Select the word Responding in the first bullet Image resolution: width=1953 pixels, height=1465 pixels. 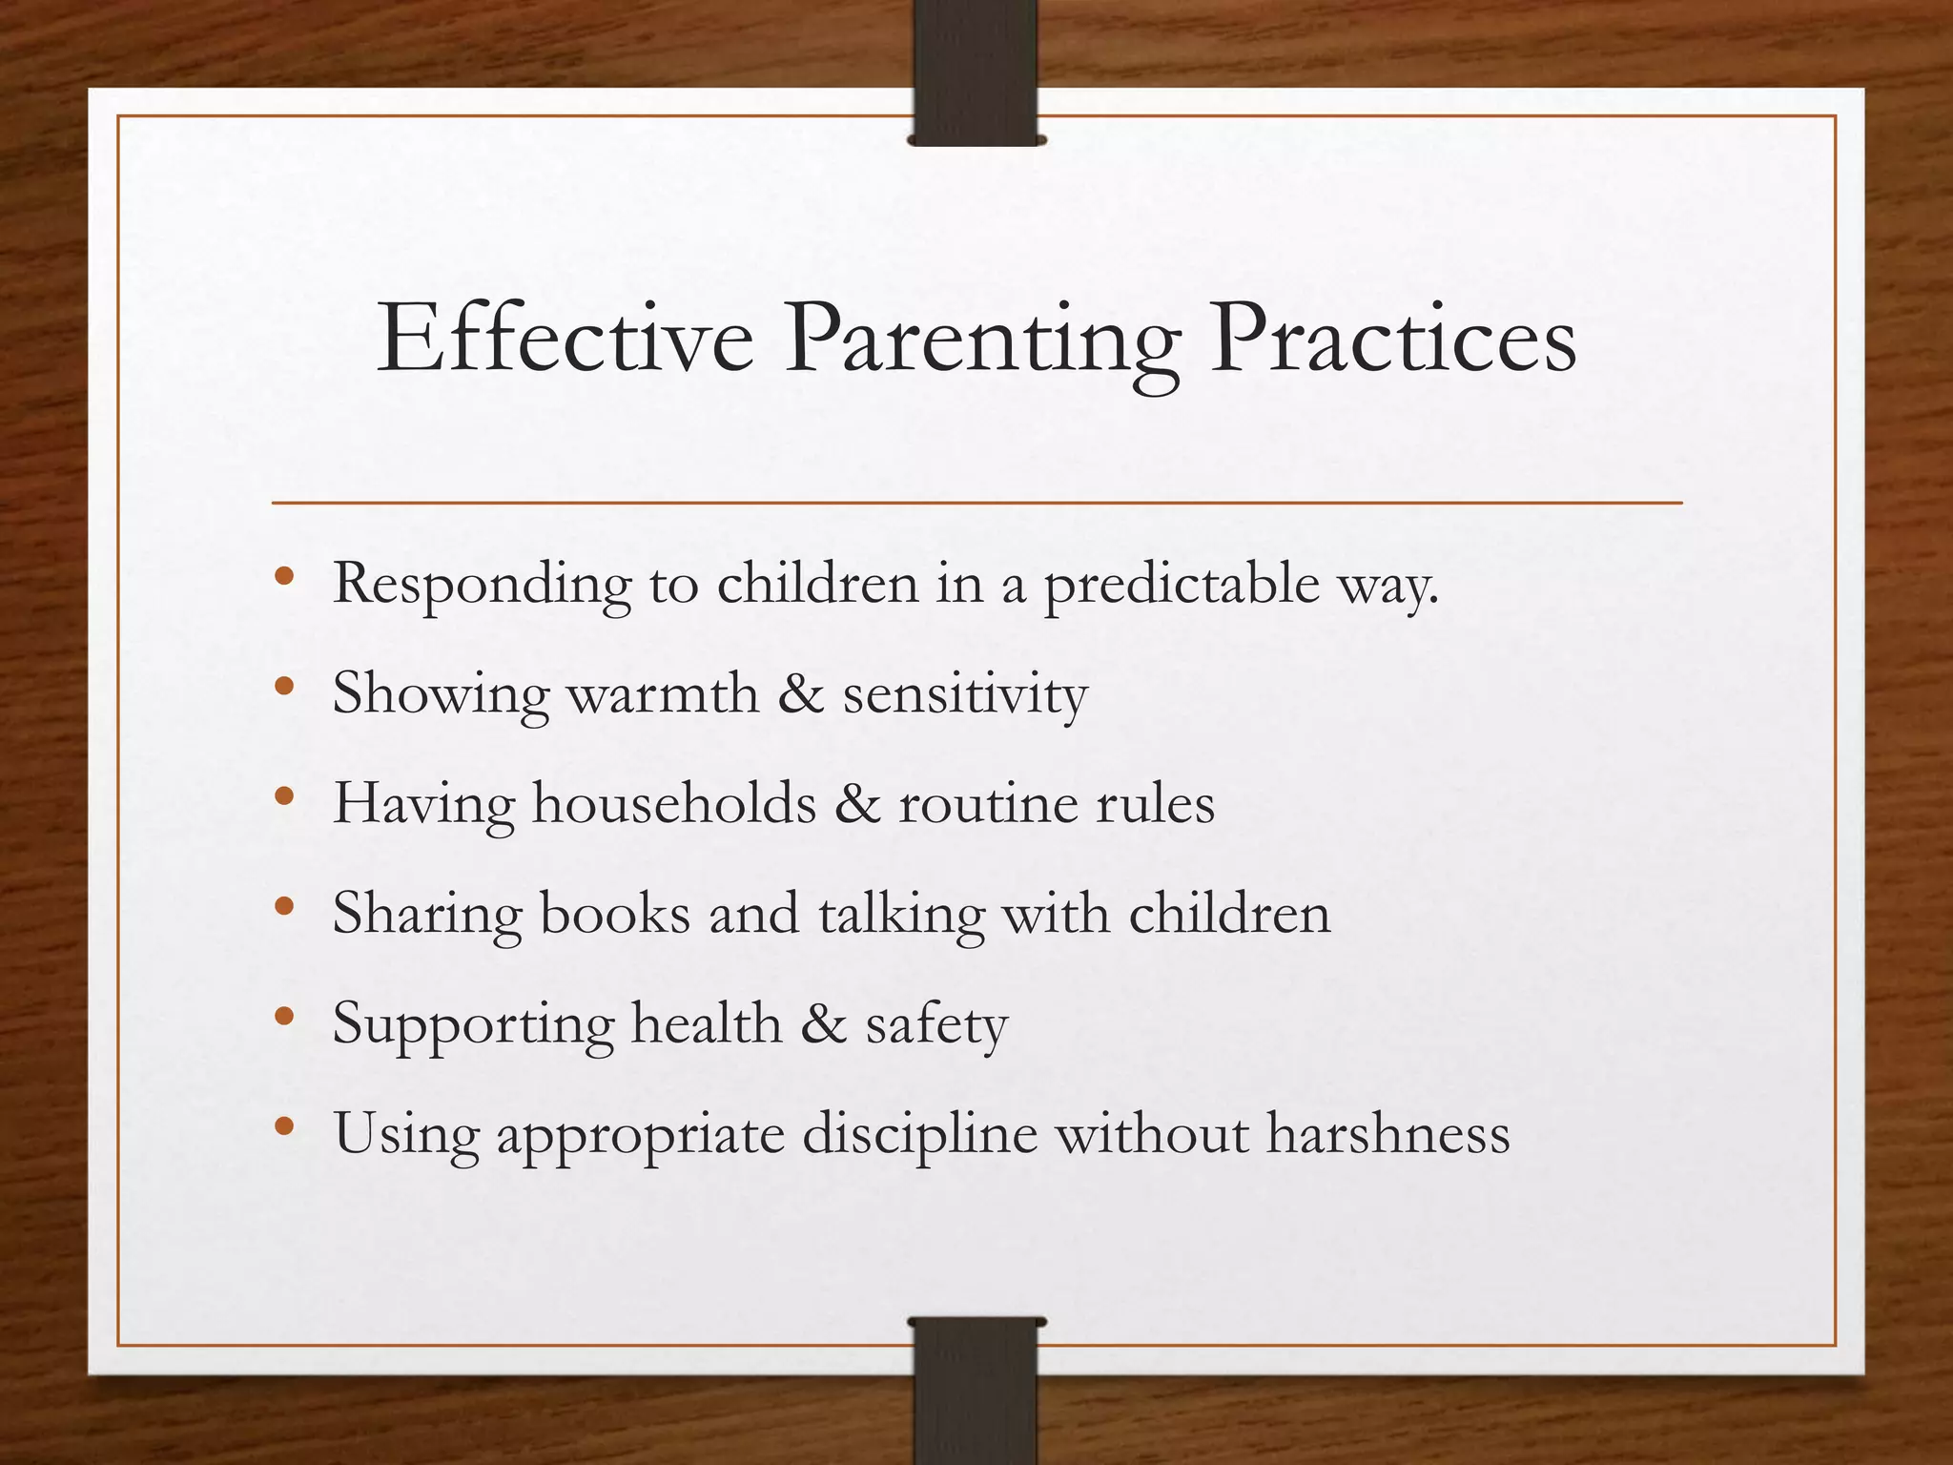[x=482, y=585]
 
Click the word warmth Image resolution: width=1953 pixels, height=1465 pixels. [x=664, y=693]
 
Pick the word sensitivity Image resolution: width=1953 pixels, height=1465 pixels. [x=964, y=695]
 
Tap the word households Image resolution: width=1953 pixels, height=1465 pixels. [x=674, y=803]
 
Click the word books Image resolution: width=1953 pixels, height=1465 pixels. [x=615, y=914]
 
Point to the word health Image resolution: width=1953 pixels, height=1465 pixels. [x=707, y=1024]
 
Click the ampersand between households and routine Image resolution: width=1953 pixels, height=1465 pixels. [x=857, y=804]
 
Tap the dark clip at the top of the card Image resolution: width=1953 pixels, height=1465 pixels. [x=976, y=72]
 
